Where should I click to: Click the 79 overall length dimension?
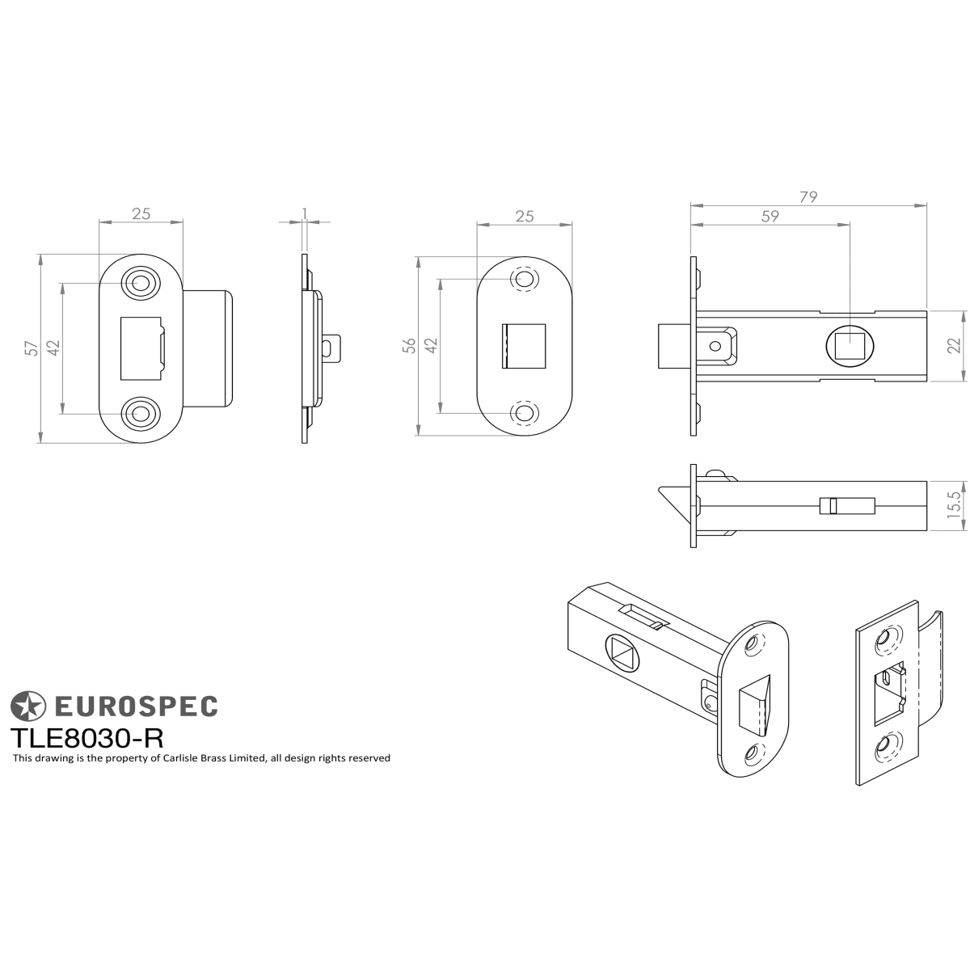pyautogui.click(x=808, y=196)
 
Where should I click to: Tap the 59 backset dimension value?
pyautogui.click(x=770, y=216)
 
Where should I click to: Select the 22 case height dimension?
pyautogui.click(x=955, y=346)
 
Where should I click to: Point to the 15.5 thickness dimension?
pyautogui.click(x=955, y=505)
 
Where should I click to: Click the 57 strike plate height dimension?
pyautogui.click(x=32, y=348)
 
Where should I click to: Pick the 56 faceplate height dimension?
pyautogui.click(x=410, y=345)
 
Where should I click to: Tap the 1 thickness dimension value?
pyautogui.click(x=305, y=213)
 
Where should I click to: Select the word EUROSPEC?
pyautogui.click(x=136, y=706)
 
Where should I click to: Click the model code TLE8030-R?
pyautogui.click(x=87, y=739)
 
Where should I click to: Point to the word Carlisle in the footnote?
pyautogui.click(x=179, y=758)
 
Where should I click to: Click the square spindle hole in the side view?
pyautogui.click(x=850, y=346)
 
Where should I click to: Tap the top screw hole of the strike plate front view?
pyautogui.click(x=141, y=283)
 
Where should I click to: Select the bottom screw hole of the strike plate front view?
pyautogui.click(x=141, y=415)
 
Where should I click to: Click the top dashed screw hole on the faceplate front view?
pyautogui.click(x=524, y=278)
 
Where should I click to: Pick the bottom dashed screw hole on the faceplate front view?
pyautogui.click(x=524, y=413)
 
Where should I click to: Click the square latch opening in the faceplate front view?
pyautogui.click(x=524, y=346)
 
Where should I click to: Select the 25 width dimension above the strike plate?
pyautogui.click(x=141, y=214)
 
